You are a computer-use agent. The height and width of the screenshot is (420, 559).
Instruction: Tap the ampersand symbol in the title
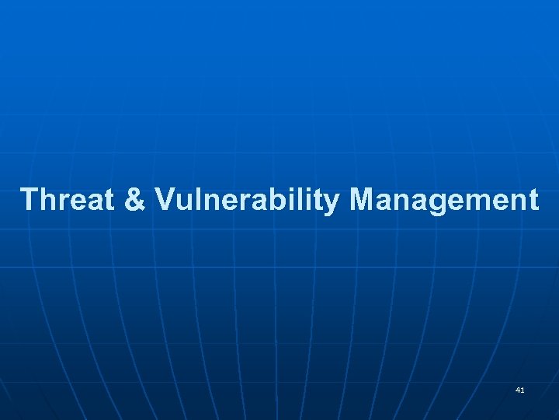[134, 200]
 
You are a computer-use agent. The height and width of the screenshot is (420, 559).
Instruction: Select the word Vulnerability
[247, 200]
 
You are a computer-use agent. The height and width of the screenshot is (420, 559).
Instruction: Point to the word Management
[443, 200]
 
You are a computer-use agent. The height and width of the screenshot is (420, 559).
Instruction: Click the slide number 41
[519, 389]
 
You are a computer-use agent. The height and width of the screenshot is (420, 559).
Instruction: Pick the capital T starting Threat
[30, 200]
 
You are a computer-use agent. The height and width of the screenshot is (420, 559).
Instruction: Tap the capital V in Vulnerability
[165, 200]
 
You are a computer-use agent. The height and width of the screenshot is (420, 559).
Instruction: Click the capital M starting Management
[363, 200]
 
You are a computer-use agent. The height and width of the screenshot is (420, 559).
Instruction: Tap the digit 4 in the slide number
[517, 389]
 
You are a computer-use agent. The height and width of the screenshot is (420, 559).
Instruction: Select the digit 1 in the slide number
[523, 389]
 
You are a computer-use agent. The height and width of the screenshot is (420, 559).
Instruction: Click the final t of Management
[532, 201]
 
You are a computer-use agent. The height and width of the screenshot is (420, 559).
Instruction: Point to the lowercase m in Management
[485, 201]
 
